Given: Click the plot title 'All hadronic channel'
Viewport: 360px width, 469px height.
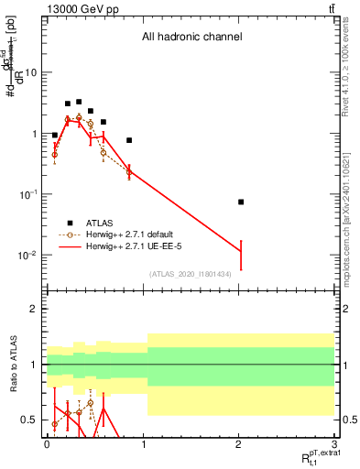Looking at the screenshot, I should [x=191, y=38].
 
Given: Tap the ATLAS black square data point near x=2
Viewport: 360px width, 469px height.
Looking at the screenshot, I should [x=241, y=202].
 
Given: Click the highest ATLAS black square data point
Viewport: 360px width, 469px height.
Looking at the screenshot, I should [x=79, y=102].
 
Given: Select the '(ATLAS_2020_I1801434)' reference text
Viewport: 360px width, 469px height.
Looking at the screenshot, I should [x=191, y=274].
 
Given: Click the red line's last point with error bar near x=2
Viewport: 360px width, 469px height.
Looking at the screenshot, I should [x=241, y=254].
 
